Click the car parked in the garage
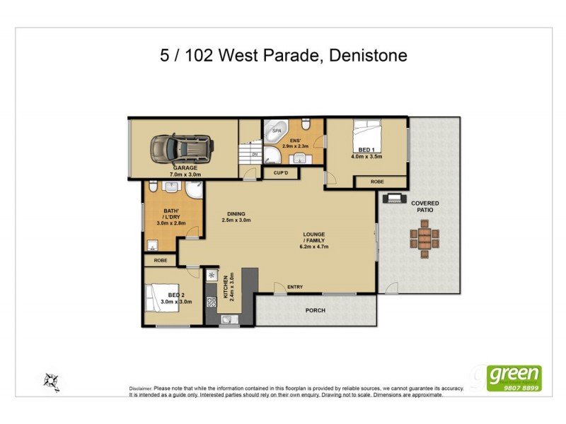tap(181, 148)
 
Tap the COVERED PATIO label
tap(424, 207)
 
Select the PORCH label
tap(315, 310)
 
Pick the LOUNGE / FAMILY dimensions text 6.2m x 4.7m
tap(315, 247)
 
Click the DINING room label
tap(236, 213)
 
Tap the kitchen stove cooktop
tap(211, 302)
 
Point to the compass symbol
tap(52, 380)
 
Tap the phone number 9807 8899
tap(520, 387)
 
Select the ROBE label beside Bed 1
tap(378, 182)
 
